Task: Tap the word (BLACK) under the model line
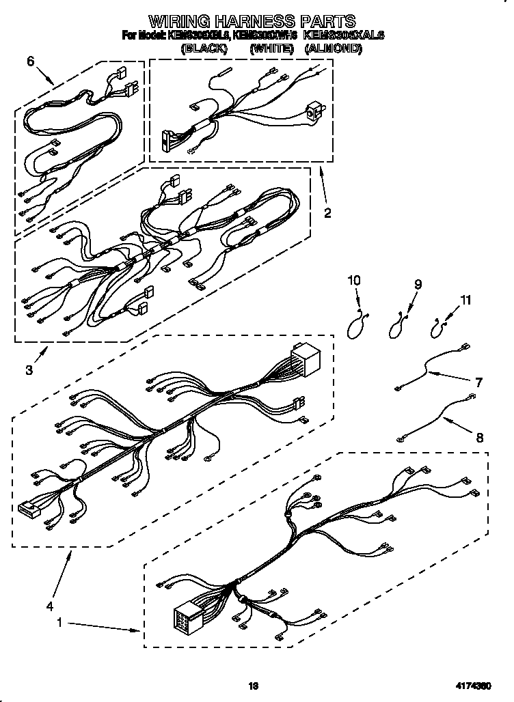(x=203, y=48)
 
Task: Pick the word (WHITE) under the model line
(x=271, y=48)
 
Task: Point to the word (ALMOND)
(x=333, y=48)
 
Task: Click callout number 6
(x=30, y=61)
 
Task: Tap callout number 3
(x=29, y=370)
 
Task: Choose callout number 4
(x=49, y=604)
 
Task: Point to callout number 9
(x=418, y=285)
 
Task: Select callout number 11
(x=466, y=299)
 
